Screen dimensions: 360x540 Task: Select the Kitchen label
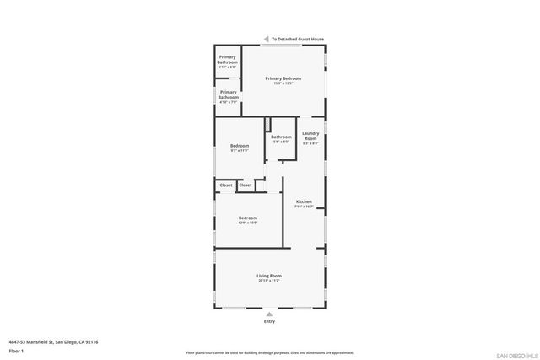click(x=304, y=201)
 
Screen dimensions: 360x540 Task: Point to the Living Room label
click(x=269, y=276)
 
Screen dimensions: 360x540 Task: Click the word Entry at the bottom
click(x=269, y=321)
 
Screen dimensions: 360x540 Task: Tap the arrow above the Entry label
click(x=269, y=314)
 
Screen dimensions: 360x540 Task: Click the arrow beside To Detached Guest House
click(x=266, y=39)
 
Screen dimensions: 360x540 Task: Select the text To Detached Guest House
click(x=297, y=39)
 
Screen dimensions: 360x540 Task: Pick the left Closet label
click(x=226, y=185)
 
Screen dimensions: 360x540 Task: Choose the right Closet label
click(x=246, y=185)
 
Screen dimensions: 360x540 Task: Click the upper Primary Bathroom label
click(x=228, y=61)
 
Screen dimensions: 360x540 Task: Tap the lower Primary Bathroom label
click(x=228, y=94)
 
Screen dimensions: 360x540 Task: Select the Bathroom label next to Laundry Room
click(x=281, y=137)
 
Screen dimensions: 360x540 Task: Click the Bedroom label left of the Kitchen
click(x=248, y=218)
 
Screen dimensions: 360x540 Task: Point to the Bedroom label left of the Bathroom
click(x=240, y=146)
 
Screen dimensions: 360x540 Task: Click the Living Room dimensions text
click(x=269, y=281)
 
